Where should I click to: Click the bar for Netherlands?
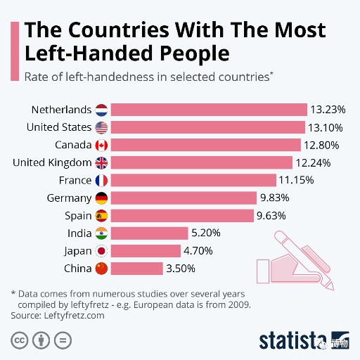[209, 110]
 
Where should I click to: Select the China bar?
[137, 269]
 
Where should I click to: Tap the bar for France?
[193, 180]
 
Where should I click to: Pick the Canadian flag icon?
[101, 145]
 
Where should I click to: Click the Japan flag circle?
[101, 251]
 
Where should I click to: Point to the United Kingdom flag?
[101, 162]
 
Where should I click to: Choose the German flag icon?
[101, 198]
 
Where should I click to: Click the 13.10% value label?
[325, 127]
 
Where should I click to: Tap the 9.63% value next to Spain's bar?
[271, 216]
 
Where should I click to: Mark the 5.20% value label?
[206, 233]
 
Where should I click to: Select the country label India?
[79, 233]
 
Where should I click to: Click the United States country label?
[59, 127]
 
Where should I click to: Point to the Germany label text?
[69, 198]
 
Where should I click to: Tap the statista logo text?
[292, 341]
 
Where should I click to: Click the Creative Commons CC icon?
[20, 340]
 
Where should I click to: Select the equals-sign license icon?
[63, 340]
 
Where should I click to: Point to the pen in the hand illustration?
[304, 261]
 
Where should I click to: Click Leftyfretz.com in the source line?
[74, 316]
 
